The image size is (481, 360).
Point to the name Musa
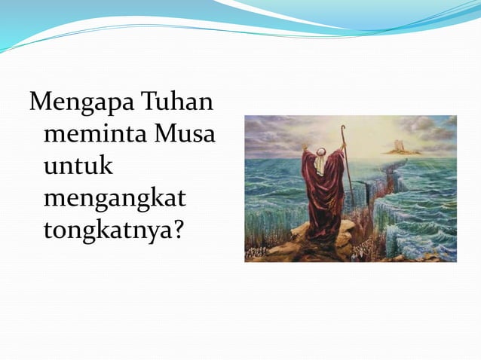(184, 136)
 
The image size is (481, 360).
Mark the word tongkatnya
(105, 231)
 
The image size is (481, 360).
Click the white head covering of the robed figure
(320, 160)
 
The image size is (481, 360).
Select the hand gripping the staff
(344, 148)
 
